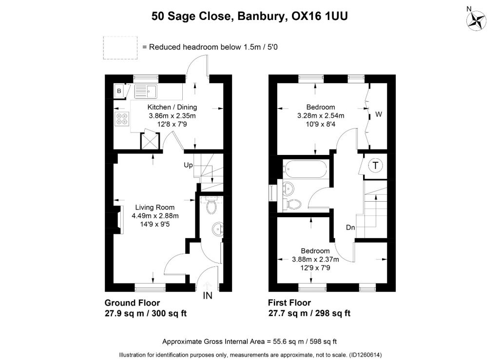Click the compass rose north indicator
tap(476, 19)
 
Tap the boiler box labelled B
tap(119, 91)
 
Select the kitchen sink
tap(146, 91)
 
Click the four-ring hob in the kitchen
tap(122, 119)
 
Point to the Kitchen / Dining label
tap(172, 107)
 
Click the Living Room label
tap(155, 208)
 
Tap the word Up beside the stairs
tap(188, 165)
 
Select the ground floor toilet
tap(211, 205)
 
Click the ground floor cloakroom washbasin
tap(218, 229)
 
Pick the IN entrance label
tap(208, 296)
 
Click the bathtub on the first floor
tap(305, 169)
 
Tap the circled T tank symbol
tap(376, 165)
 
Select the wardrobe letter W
tap(378, 114)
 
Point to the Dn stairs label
tap(350, 227)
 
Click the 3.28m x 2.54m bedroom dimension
tap(321, 116)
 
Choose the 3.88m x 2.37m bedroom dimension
tap(315, 260)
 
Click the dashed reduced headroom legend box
tap(120, 48)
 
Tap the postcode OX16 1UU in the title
tap(320, 16)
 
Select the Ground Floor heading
tap(132, 303)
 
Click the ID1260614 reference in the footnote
tap(365, 355)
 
